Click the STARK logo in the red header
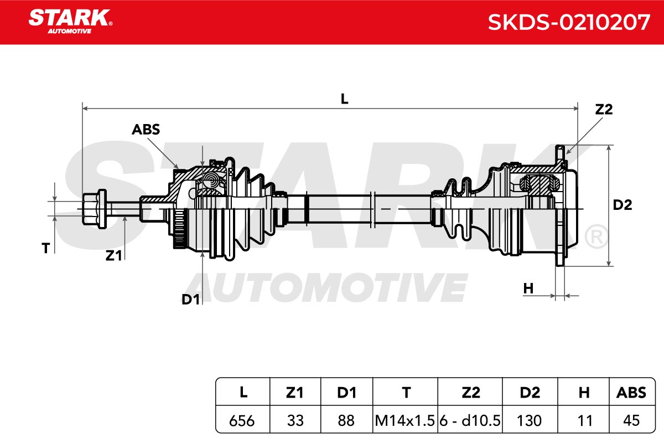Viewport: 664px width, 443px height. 70,22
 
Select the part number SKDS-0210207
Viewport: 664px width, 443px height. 569,23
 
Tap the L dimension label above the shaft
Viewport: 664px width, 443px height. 344,99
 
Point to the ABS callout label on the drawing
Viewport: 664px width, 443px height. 146,130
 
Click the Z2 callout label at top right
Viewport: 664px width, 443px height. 604,110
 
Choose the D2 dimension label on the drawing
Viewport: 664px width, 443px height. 622,205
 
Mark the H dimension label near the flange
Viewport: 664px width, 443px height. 528,289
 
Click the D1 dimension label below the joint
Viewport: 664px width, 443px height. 190,300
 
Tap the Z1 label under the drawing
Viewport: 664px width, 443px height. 113,256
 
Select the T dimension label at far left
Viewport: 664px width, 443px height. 45,248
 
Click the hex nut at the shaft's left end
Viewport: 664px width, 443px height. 94,209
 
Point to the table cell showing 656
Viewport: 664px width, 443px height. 242,421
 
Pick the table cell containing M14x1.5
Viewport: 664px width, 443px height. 404,421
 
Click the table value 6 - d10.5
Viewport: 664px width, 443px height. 470,421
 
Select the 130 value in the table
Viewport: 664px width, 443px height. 529,421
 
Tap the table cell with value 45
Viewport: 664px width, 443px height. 631,421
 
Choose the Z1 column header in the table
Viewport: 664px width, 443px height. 294,393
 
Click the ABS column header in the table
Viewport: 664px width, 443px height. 631,393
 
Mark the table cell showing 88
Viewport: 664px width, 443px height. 346,421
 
